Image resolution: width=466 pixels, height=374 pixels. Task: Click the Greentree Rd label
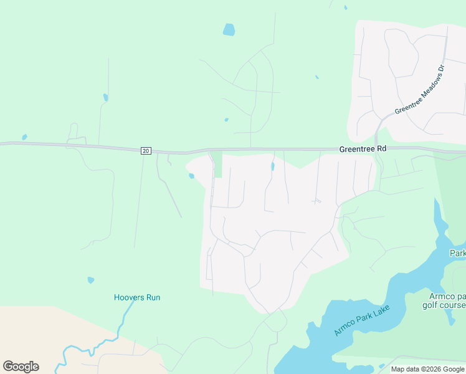(x=363, y=150)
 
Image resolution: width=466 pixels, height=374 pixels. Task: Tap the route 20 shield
(x=145, y=150)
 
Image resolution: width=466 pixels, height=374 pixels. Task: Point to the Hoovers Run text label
(x=137, y=297)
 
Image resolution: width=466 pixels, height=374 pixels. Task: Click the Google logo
(x=21, y=367)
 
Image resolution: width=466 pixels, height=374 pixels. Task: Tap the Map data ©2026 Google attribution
(x=427, y=369)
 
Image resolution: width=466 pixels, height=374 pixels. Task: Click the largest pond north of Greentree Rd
(x=229, y=29)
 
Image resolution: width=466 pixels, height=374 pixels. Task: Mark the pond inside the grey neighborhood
(x=273, y=166)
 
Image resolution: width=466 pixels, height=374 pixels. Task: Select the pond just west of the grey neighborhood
(x=191, y=176)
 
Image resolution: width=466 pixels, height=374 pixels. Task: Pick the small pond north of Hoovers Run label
(x=91, y=280)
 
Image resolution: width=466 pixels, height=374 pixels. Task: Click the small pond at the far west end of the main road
(x=24, y=137)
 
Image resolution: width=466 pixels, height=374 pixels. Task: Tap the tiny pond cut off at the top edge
(x=346, y=7)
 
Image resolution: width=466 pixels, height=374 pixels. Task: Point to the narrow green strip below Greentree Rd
(x=217, y=164)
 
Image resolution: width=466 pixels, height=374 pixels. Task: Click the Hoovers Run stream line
(x=121, y=324)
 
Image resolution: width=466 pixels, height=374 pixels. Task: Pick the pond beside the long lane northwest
(x=106, y=97)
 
